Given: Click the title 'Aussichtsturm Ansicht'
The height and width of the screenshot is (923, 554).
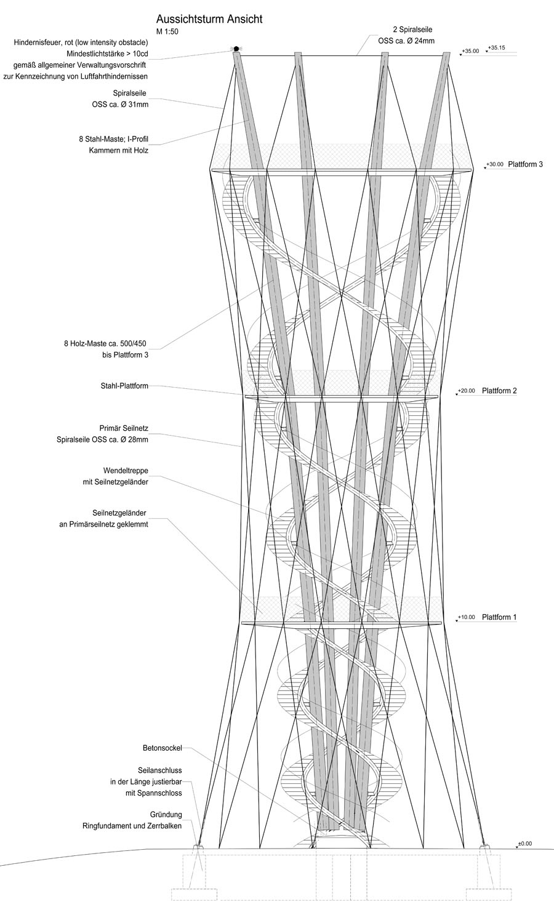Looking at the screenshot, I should pyautogui.click(x=209, y=20).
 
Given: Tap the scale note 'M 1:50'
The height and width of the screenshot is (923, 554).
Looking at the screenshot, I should pyautogui.click(x=169, y=31).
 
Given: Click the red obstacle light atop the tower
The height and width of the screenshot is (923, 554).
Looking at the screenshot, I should pyautogui.click(x=235, y=49).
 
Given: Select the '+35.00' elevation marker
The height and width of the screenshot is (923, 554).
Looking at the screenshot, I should pyautogui.click(x=470, y=51).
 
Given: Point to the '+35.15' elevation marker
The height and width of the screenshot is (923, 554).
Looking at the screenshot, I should pyautogui.click(x=496, y=47).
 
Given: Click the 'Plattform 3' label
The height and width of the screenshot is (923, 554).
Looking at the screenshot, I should pyautogui.click(x=526, y=164).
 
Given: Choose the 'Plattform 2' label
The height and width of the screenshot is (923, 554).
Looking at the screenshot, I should pyautogui.click(x=499, y=391).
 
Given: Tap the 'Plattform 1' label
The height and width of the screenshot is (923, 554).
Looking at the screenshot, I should pyautogui.click(x=499, y=617).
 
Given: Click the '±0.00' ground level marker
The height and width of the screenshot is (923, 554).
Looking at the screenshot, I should pyautogui.click(x=524, y=844).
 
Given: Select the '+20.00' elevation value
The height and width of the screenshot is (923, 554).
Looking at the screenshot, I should pyautogui.click(x=467, y=391).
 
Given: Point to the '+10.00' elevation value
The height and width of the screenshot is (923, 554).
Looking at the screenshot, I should pyautogui.click(x=467, y=617).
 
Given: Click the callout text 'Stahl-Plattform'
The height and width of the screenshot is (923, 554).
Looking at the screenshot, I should pyautogui.click(x=124, y=386).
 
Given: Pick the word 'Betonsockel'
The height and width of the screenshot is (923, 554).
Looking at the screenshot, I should pyautogui.click(x=162, y=749).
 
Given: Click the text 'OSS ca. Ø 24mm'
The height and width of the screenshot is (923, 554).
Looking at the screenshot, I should pyautogui.click(x=406, y=41).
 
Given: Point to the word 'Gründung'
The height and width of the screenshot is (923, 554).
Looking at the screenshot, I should pyautogui.click(x=166, y=815).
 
